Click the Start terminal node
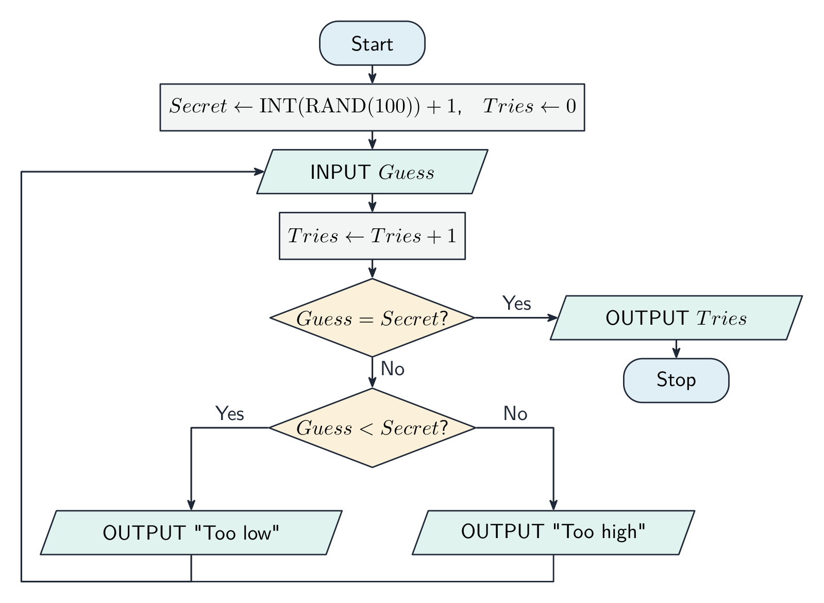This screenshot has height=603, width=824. [372, 43]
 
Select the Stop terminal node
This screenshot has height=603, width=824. [676, 381]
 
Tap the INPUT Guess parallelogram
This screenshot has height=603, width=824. [372, 172]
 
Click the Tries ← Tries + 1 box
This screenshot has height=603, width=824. [372, 236]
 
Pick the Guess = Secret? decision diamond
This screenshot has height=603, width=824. [372, 317]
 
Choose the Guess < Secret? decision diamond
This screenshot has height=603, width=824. [372, 427]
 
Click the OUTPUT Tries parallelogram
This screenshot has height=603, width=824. [676, 317]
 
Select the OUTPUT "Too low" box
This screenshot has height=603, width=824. [191, 532]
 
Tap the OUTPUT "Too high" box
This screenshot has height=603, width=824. [553, 532]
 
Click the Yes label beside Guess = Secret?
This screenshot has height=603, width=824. [516, 303]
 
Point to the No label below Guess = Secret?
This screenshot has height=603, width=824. [393, 368]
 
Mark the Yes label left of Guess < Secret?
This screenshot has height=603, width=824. [229, 413]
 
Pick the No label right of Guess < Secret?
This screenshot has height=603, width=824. [515, 413]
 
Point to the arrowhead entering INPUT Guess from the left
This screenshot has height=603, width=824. [259, 172]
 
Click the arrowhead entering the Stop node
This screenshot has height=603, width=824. [676, 353]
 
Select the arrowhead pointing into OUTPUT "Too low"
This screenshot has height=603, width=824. [191, 505]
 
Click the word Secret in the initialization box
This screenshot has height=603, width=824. [198, 106]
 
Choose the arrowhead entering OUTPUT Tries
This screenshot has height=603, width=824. [552, 317]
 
